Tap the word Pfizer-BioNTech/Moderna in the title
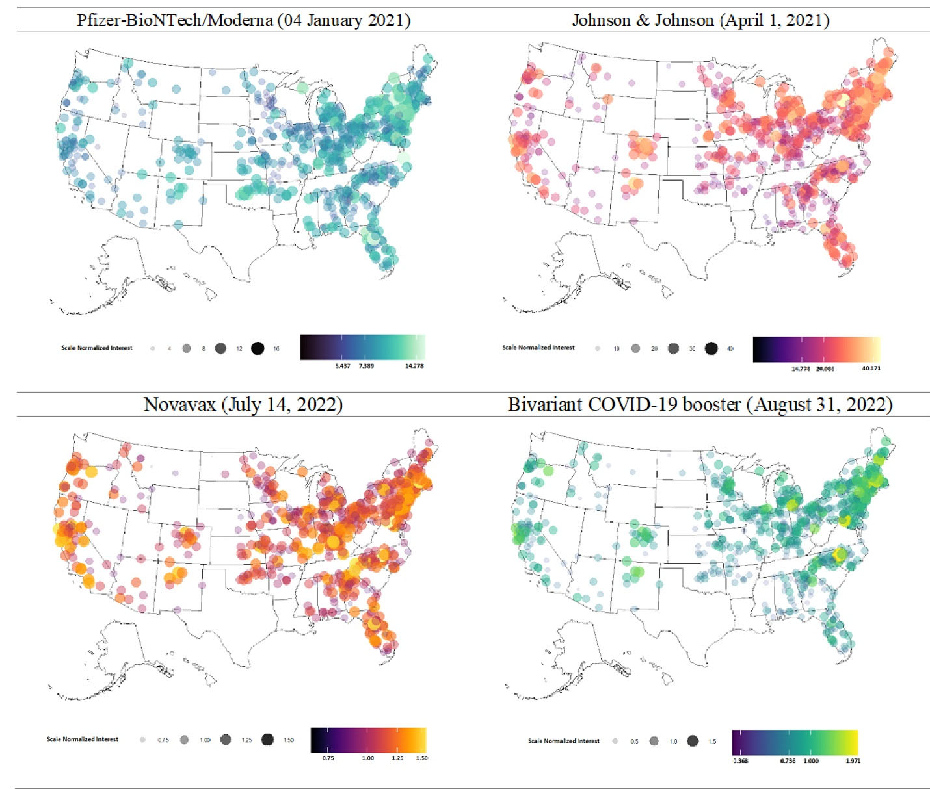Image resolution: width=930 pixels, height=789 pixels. (174, 20)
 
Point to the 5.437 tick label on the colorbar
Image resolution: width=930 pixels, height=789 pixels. (342, 366)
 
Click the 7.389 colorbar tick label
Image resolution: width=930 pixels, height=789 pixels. (366, 366)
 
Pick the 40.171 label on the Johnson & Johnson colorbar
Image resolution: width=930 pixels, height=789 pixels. (871, 369)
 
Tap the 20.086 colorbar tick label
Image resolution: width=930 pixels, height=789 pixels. (825, 369)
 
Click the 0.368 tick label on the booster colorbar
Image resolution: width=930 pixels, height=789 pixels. (740, 760)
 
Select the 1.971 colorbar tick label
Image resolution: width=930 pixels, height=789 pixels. (853, 760)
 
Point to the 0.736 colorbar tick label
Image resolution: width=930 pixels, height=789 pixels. (787, 760)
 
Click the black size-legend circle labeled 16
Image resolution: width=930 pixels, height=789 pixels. (258, 348)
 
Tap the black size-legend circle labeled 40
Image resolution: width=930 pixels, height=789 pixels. (711, 348)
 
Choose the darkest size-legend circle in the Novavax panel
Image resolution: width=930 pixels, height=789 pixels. (267, 740)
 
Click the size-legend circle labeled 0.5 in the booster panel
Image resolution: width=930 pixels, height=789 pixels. (615, 741)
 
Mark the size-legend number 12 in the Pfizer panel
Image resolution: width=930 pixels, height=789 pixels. (239, 349)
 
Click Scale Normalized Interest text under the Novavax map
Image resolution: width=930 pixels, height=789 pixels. (83, 739)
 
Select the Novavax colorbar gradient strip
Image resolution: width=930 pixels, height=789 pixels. (368, 740)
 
